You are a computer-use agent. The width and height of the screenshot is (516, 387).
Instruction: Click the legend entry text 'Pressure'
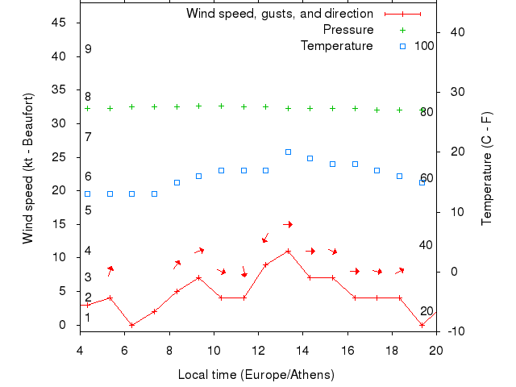point(347,30)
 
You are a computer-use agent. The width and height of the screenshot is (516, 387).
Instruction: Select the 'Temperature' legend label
point(336,46)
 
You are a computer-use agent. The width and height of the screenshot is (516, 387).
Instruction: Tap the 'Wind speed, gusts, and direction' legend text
point(279,14)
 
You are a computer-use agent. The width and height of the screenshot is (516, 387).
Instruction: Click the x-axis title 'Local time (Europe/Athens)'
point(256,375)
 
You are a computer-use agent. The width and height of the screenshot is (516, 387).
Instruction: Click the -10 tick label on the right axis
point(454,331)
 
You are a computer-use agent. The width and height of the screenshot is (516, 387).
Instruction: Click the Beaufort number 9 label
point(88,50)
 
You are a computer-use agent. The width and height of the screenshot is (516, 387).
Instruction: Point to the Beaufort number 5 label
point(88,210)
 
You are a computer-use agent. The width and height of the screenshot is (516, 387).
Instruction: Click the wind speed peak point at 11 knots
point(288,251)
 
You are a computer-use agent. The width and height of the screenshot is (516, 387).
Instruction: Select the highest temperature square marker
point(288,152)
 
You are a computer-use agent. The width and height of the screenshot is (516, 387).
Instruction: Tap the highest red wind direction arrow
point(288,224)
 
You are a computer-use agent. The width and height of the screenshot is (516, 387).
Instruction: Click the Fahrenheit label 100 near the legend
point(425,46)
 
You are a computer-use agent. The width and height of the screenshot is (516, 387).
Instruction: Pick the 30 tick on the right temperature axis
point(453,92)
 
